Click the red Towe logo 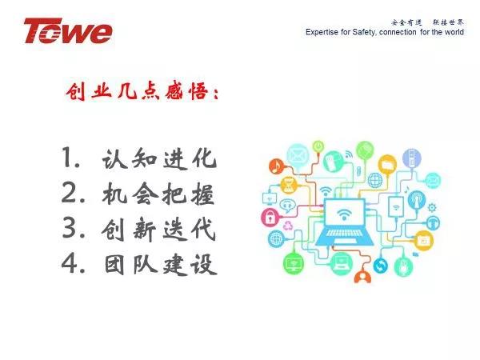[x=68, y=31]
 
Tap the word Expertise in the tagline [x=322, y=32]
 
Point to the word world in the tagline [x=454, y=32]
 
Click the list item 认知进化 [x=159, y=159]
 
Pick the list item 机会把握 [x=158, y=194]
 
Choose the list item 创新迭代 [x=158, y=229]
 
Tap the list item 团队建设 [x=161, y=265]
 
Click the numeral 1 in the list [x=68, y=157]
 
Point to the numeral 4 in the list [x=70, y=263]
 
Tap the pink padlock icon [x=270, y=217]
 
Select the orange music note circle [x=277, y=166]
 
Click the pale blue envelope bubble [x=297, y=155]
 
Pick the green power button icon [x=318, y=146]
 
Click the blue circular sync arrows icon [x=381, y=266]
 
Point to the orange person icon [x=362, y=277]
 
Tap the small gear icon [x=432, y=207]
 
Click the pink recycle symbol [x=287, y=226]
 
